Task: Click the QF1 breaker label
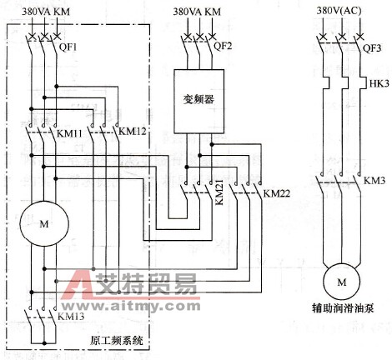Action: (x=68, y=47)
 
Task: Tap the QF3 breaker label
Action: (x=371, y=47)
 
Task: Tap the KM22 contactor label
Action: (x=276, y=193)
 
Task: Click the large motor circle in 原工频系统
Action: (x=37, y=225)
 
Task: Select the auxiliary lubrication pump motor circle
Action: (x=340, y=283)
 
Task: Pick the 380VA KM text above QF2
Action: (x=198, y=12)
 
